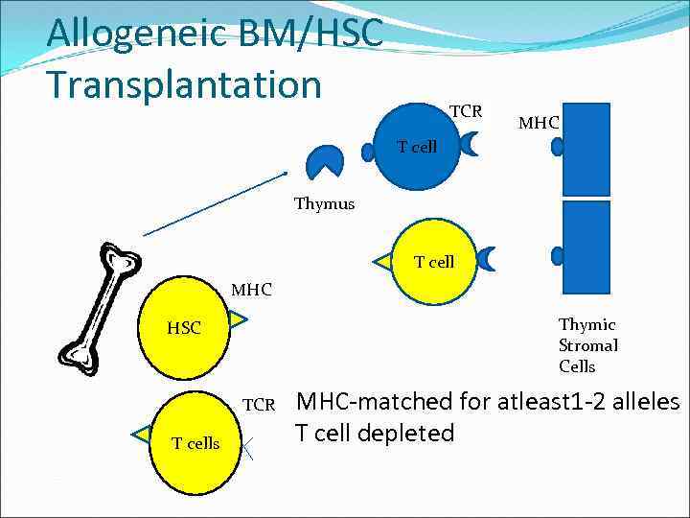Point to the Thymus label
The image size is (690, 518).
[324, 203]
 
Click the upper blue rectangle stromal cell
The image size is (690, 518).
[586, 149]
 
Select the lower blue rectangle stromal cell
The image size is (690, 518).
[586, 247]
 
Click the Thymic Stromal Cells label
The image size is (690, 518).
[587, 345]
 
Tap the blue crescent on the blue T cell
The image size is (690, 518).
[471, 145]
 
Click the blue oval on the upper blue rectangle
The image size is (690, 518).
[558, 147]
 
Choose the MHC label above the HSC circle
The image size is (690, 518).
[251, 289]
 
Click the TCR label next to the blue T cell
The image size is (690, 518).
[466, 111]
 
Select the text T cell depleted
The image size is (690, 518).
[375, 434]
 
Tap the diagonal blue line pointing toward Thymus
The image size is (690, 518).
[215, 202]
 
